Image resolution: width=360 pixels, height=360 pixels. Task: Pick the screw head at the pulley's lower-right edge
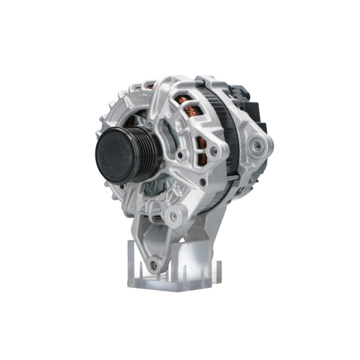(163, 164)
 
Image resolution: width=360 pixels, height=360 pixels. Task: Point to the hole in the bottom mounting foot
(154, 265)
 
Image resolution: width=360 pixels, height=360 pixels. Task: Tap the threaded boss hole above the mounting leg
(173, 216)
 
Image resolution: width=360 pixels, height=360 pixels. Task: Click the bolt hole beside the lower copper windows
(214, 151)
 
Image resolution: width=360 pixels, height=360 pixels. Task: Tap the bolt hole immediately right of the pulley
(179, 156)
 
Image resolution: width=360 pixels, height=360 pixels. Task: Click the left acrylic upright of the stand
(133, 259)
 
